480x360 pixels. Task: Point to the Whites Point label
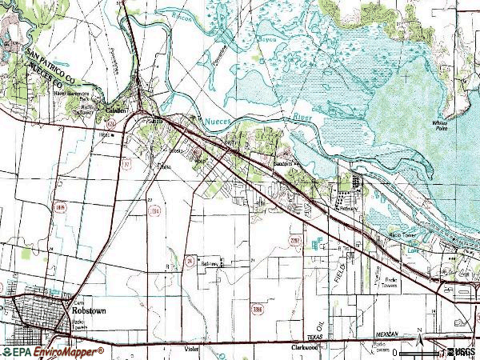pos(440,125)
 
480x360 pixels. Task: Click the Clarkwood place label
pos(308,350)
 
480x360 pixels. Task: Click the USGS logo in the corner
pos(461,352)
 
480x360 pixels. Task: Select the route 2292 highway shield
pos(294,238)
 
